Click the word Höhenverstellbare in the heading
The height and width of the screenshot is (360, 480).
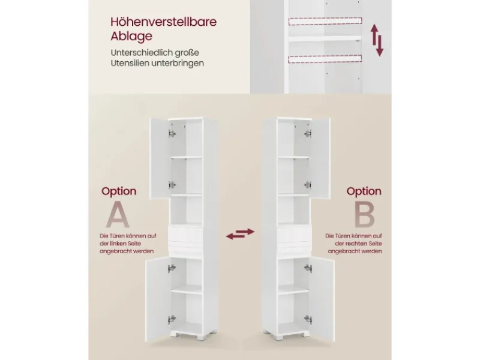pyautogui.click(x=163, y=22)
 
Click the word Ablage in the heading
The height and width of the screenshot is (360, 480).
pyautogui.click(x=131, y=36)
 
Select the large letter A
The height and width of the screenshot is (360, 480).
pyautogui.click(x=118, y=215)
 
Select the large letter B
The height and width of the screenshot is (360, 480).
pyautogui.click(x=364, y=215)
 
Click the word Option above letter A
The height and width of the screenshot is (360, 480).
pyautogui.click(x=119, y=191)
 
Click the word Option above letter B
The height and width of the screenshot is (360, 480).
pyautogui.click(x=364, y=191)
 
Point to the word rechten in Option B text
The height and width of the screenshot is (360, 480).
pyautogui.click(x=356, y=244)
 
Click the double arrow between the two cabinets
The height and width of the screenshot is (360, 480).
pyautogui.click(x=241, y=233)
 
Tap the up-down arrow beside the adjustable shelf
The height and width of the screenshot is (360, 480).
pyautogui.click(x=377, y=40)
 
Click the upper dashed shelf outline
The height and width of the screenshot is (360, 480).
pyautogui.click(x=325, y=21)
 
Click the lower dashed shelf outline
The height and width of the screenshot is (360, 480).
pyautogui.click(x=325, y=59)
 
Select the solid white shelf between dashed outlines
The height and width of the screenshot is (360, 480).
pyautogui.click(x=325, y=39)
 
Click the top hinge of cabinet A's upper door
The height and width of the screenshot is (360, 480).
pyautogui.click(x=172, y=133)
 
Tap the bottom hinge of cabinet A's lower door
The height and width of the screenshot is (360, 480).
pyautogui.click(x=172, y=319)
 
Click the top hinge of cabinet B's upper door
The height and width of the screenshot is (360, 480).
pyautogui.click(x=308, y=133)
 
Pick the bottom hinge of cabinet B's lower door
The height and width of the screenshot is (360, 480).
pyautogui.click(x=308, y=319)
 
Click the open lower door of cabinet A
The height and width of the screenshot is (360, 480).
pyautogui.click(x=158, y=300)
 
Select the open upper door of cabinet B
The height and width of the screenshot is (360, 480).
pyautogui.click(x=320, y=158)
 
